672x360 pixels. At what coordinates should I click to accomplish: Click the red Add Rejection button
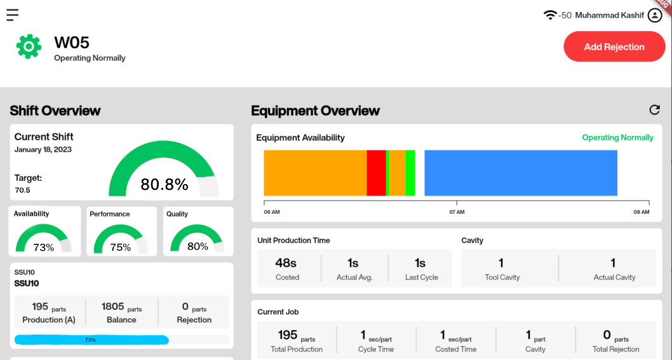pyautogui.click(x=614, y=46)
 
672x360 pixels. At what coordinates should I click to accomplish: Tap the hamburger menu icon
pyautogui.click(x=12, y=15)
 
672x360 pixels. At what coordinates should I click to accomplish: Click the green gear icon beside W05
pyautogui.click(x=29, y=47)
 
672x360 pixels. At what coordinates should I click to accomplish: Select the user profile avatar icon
pyautogui.click(x=655, y=15)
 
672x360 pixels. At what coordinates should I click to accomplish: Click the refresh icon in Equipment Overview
pyautogui.click(x=654, y=110)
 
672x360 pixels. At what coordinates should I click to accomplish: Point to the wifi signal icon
pyautogui.click(x=550, y=15)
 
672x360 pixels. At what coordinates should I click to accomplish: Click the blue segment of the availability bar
pyautogui.click(x=521, y=173)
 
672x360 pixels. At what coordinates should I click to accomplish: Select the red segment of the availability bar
pyautogui.click(x=376, y=173)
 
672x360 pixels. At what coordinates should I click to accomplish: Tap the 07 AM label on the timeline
pyautogui.click(x=457, y=212)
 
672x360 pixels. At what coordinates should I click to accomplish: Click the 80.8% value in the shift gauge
pyautogui.click(x=165, y=185)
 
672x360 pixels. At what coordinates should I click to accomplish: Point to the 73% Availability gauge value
pyautogui.click(x=44, y=248)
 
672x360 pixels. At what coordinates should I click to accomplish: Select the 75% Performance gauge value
pyautogui.click(x=121, y=248)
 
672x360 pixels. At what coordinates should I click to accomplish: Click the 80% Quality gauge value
pyautogui.click(x=198, y=246)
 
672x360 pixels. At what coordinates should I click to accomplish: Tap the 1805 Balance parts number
pyautogui.click(x=113, y=307)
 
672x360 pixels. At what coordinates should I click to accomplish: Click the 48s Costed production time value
pyautogui.click(x=286, y=263)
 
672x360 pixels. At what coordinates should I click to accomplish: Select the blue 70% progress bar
pyautogui.click(x=91, y=340)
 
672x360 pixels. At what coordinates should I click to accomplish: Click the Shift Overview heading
pyautogui.click(x=55, y=110)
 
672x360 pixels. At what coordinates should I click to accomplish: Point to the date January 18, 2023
pyautogui.click(x=43, y=150)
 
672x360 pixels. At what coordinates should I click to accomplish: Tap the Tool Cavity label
pyautogui.click(x=502, y=277)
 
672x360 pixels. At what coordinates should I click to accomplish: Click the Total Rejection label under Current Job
pyautogui.click(x=615, y=349)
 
